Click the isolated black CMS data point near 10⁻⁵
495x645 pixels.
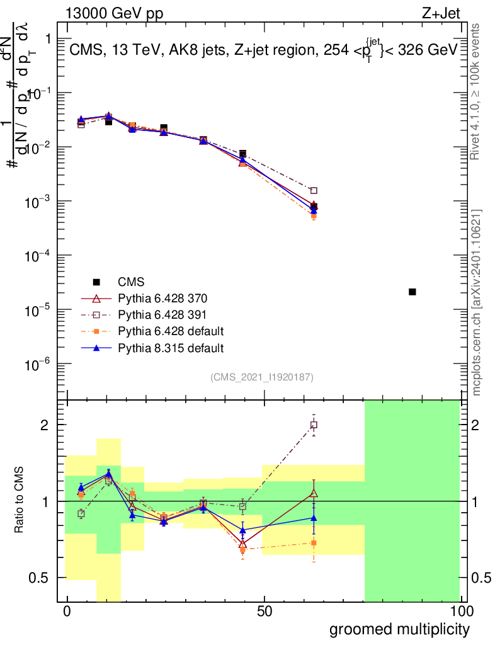pyautogui.click(x=412, y=292)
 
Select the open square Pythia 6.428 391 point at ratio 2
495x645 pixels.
pyautogui.click(x=314, y=425)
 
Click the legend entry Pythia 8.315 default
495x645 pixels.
pyautogui.click(x=170, y=348)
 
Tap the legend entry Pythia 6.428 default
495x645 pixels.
pyautogui.click(x=170, y=331)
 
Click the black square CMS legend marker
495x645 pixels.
pyautogui.click(x=96, y=282)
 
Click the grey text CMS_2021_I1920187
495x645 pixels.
pyautogui.click(x=262, y=377)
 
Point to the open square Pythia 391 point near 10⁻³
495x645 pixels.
pyautogui.click(x=314, y=190)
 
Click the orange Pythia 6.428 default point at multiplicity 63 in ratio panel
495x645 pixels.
pyautogui.click(x=314, y=542)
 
